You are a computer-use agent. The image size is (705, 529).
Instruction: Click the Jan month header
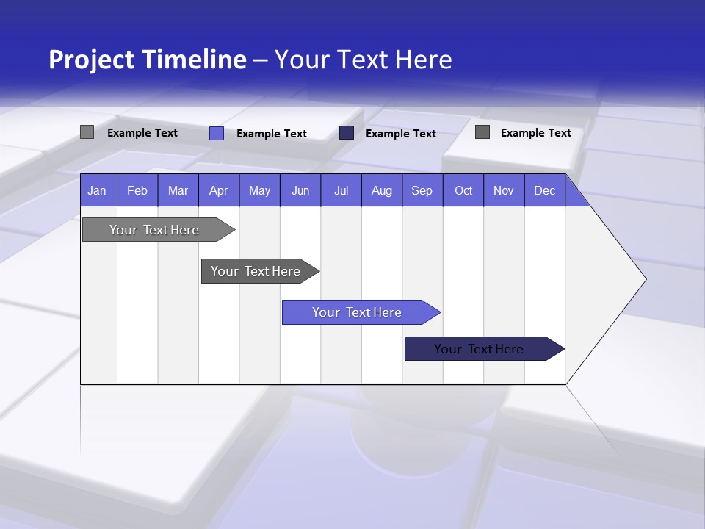(x=97, y=190)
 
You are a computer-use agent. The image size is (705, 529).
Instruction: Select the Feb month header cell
(x=137, y=190)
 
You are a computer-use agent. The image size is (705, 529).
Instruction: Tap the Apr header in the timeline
(x=218, y=190)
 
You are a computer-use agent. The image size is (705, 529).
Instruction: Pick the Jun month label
(x=300, y=190)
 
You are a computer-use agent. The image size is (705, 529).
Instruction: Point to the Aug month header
(x=381, y=190)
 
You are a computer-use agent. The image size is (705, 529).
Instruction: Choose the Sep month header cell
(x=422, y=190)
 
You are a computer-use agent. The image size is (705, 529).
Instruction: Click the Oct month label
(x=463, y=190)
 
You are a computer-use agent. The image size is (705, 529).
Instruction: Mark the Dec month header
(x=544, y=190)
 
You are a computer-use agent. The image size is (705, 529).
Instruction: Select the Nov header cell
(x=503, y=190)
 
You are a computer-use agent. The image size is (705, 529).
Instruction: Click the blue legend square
(x=216, y=133)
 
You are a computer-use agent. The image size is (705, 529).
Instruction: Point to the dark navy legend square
(x=347, y=133)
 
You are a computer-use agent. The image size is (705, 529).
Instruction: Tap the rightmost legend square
(x=482, y=132)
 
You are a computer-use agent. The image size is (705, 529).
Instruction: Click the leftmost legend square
(x=87, y=132)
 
